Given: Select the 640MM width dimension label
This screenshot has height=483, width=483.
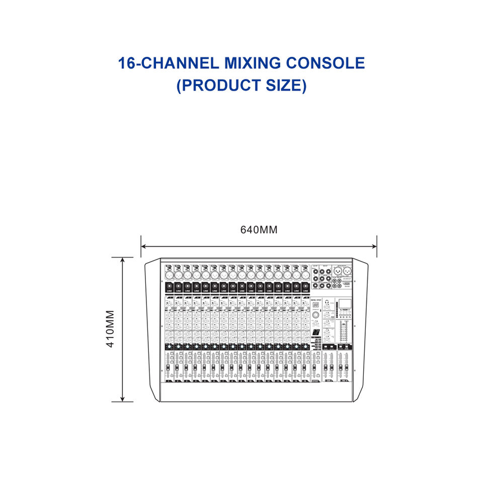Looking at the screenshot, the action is pyautogui.click(x=259, y=230).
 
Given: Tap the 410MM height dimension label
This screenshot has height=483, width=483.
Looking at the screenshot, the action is pyautogui.click(x=111, y=329).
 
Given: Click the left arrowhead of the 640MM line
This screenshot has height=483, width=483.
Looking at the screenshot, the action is pyautogui.click(x=143, y=247).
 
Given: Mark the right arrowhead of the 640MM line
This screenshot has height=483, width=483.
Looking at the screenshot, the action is pyautogui.click(x=374, y=247).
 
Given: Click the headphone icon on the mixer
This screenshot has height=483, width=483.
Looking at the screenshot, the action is pyautogui.click(x=327, y=302).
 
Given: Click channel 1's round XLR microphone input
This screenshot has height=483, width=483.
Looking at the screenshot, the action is pyautogui.click(x=169, y=275).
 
